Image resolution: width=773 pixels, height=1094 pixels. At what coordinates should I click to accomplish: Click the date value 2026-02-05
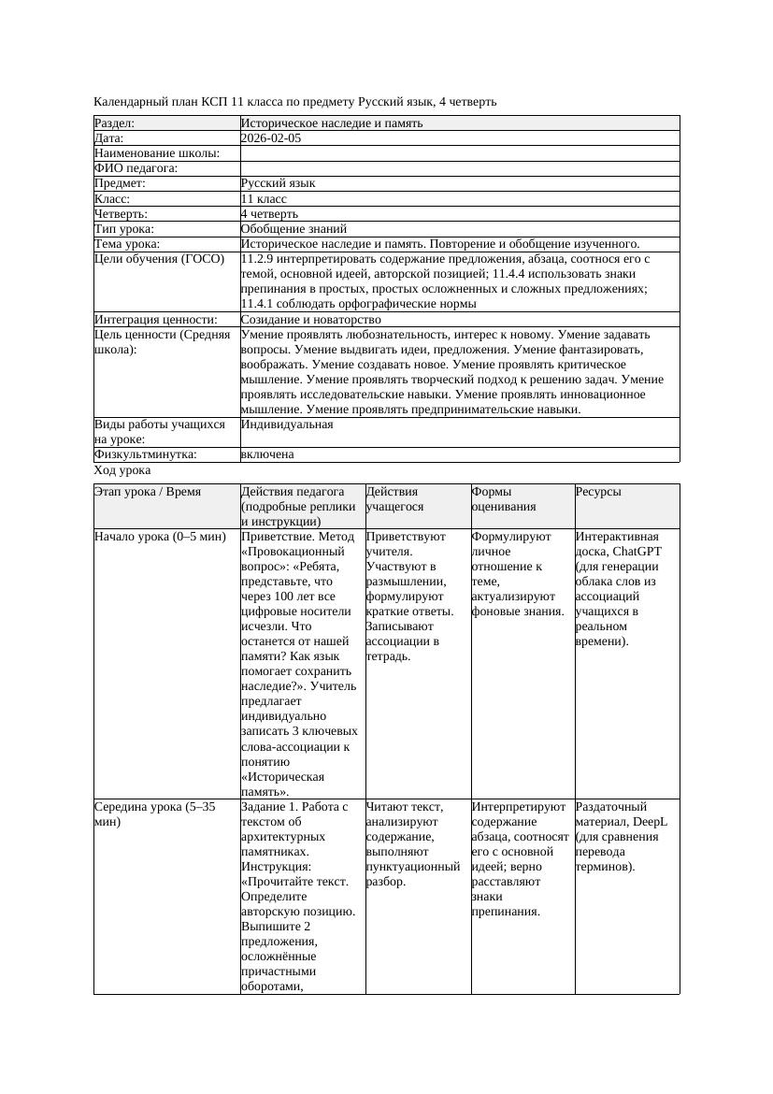tap(271, 138)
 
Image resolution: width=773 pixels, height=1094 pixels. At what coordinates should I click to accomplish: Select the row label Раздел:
tap(115, 123)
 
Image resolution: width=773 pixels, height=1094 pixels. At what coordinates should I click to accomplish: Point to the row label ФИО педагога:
tap(136, 168)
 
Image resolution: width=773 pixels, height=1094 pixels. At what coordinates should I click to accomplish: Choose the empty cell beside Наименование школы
tap(458, 153)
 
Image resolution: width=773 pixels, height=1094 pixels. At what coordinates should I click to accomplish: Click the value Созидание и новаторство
tap(310, 320)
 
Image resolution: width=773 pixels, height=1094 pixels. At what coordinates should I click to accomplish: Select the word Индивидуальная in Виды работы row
tap(287, 425)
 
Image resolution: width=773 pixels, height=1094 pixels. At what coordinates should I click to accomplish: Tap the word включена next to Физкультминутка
tap(267, 454)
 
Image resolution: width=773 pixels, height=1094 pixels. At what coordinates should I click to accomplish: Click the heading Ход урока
tap(122, 471)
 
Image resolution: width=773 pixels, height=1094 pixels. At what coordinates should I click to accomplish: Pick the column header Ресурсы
tap(598, 492)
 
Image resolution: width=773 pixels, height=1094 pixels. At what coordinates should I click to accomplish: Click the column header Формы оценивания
tap(505, 499)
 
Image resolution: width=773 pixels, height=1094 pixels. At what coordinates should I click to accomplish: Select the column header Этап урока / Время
tap(148, 492)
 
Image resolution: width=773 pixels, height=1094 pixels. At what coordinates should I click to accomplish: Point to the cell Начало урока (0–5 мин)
tap(160, 537)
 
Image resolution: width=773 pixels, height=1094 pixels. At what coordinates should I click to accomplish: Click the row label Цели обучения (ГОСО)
tap(160, 259)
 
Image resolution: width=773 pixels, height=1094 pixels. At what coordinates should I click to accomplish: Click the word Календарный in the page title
tap(130, 101)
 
